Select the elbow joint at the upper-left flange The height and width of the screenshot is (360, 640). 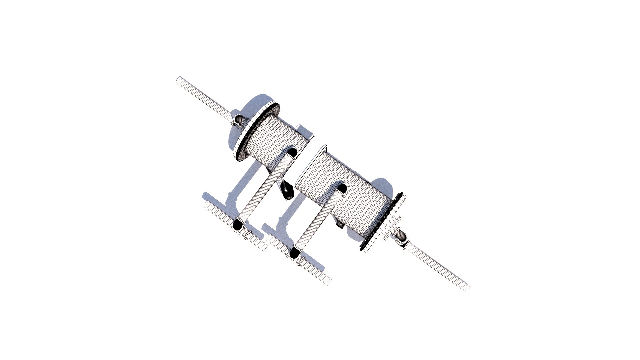[x=239, y=120]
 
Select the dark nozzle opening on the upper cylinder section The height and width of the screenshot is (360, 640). [x=292, y=152]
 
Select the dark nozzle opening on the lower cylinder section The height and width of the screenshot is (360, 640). [x=341, y=188]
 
